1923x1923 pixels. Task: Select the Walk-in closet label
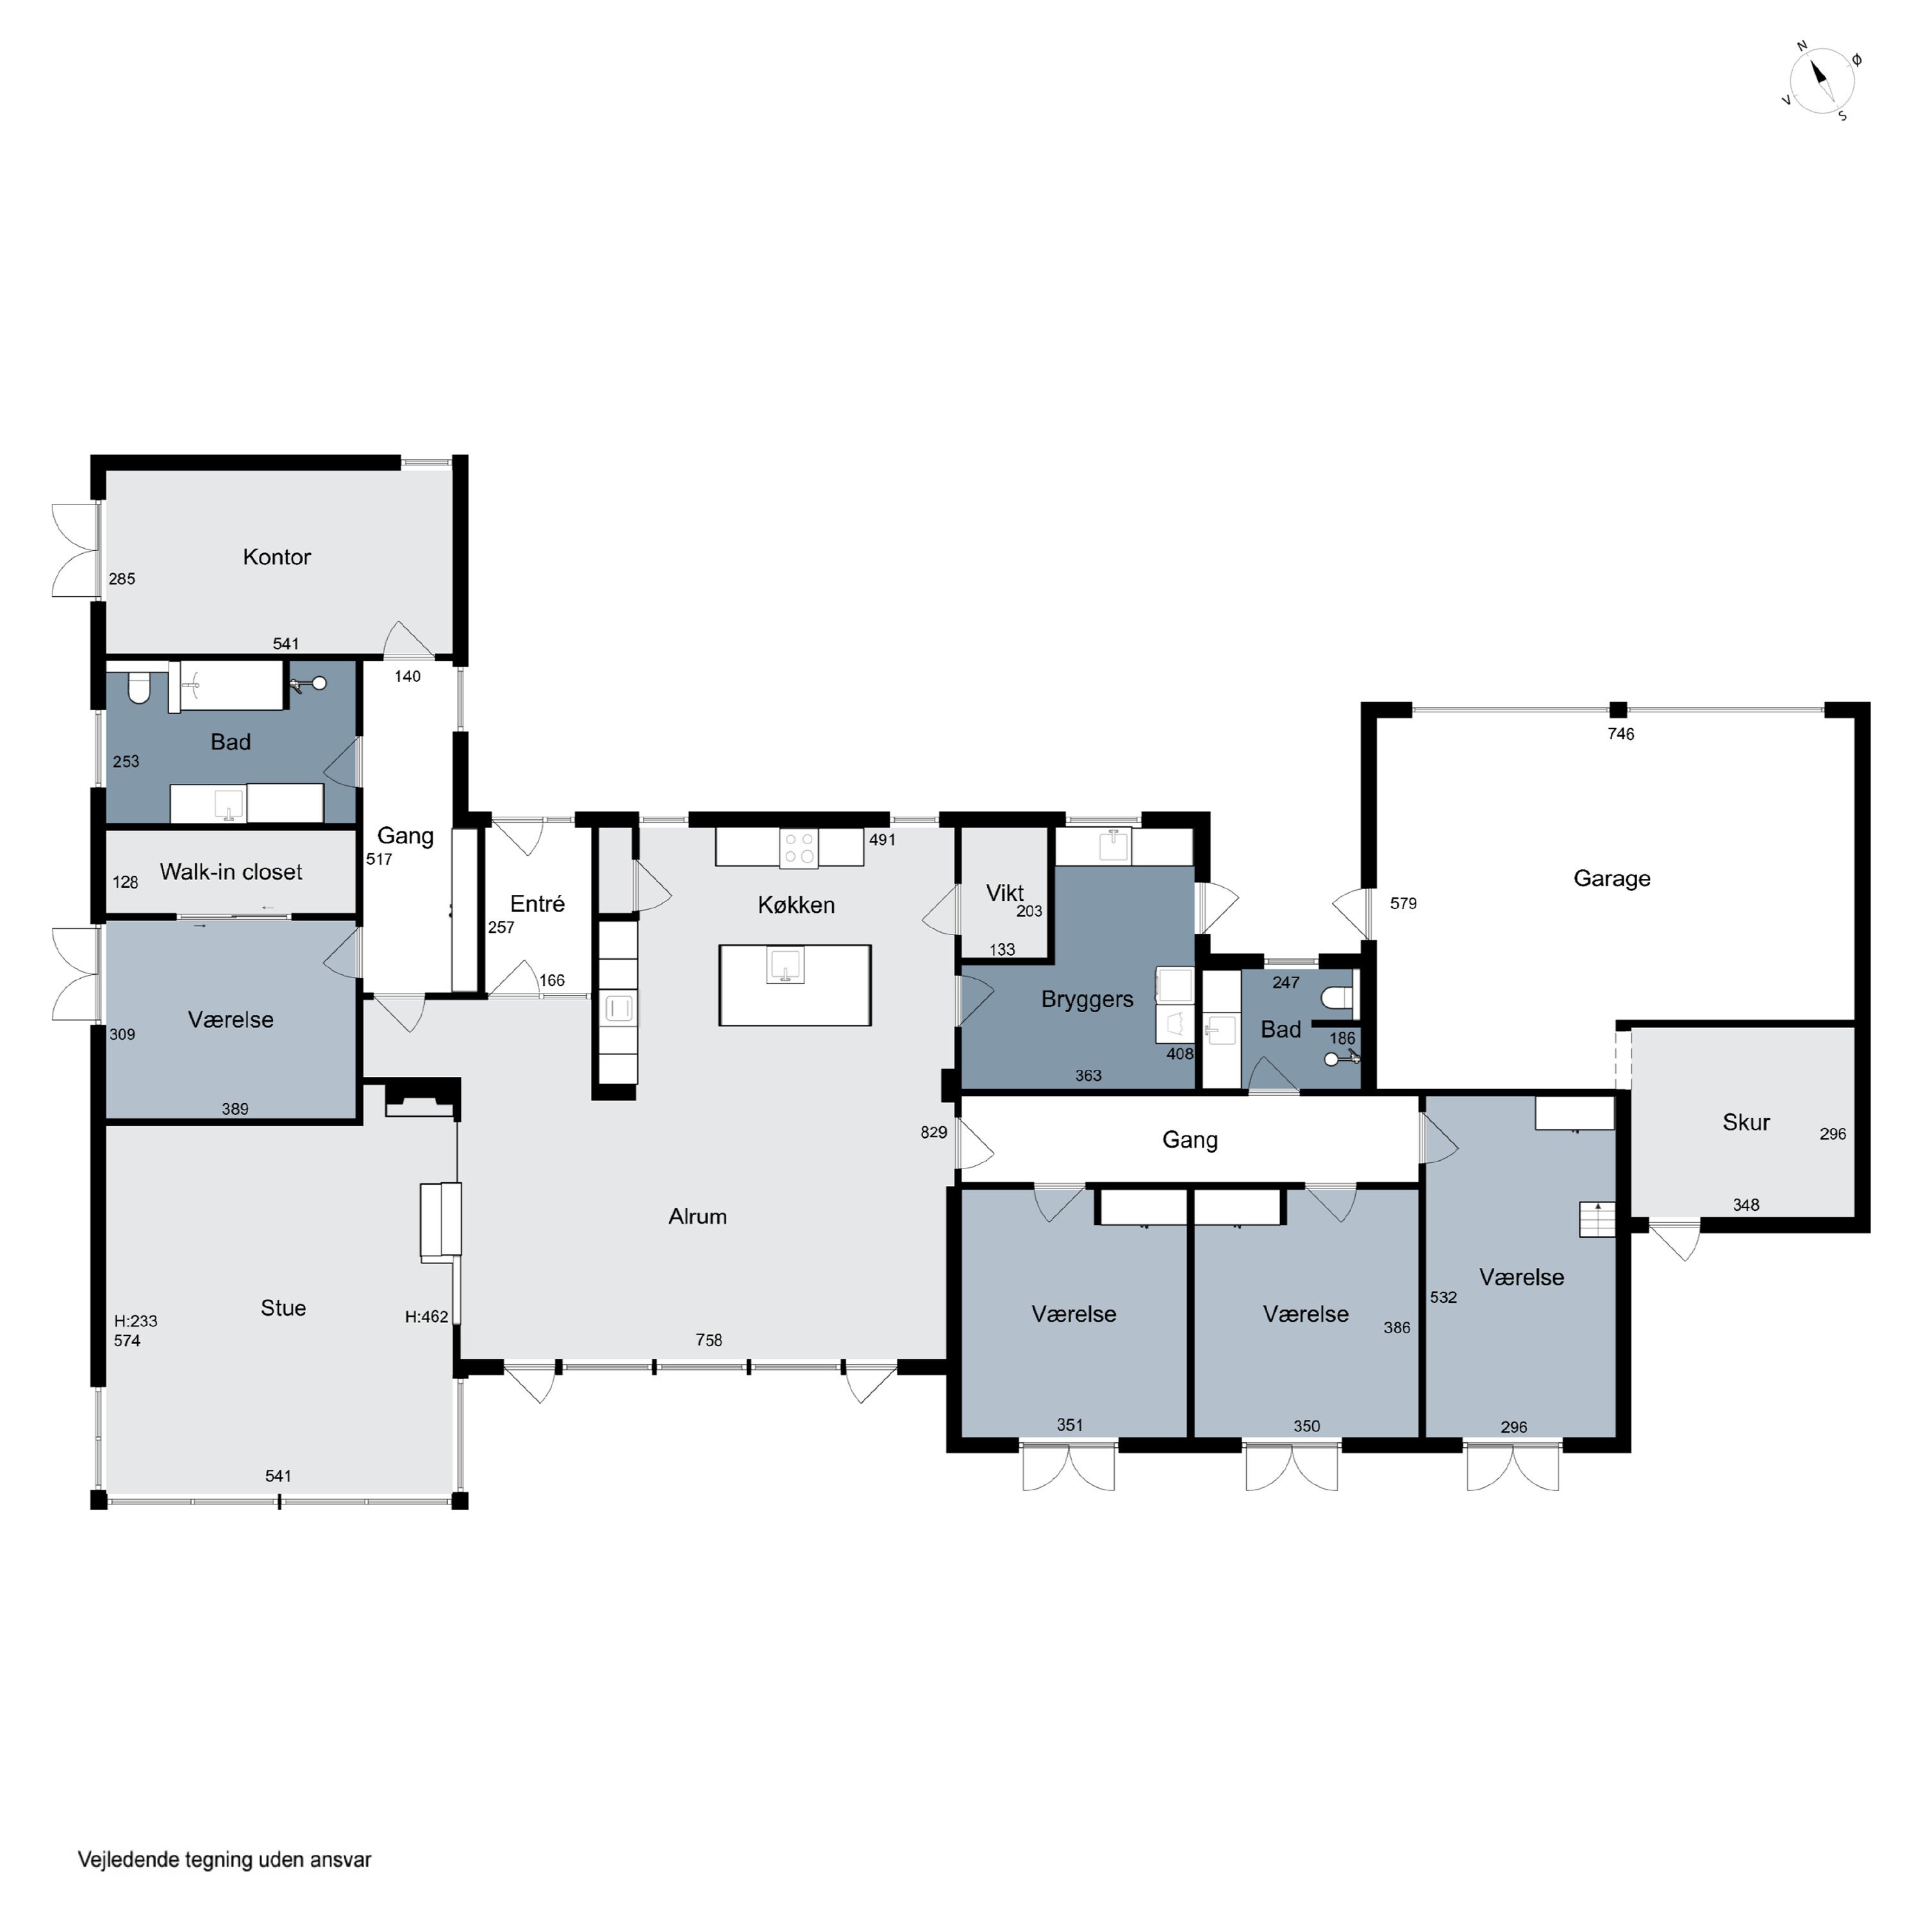click(231, 872)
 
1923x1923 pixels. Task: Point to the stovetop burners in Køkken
click(798, 848)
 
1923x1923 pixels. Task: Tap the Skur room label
click(1746, 1123)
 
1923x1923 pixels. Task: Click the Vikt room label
click(1004, 893)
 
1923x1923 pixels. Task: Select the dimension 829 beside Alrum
click(934, 1133)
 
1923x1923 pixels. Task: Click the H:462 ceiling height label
click(427, 1317)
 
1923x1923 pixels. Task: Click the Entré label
click(538, 904)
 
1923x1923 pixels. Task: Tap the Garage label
click(1611, 879)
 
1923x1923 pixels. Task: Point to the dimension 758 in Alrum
click(709, 1341)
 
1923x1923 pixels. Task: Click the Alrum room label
click(698, 1217)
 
